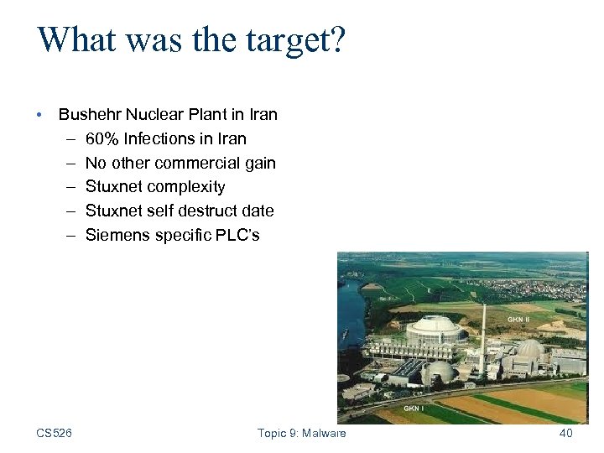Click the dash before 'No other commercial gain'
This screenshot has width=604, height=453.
[x=68, y=163]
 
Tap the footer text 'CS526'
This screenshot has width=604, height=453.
[x=54, y=433]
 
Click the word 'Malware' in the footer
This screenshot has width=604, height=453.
[x=323, y=433]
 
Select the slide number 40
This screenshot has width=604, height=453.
[x=566, y=433]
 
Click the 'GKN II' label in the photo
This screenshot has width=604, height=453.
[x=518, y=320]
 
